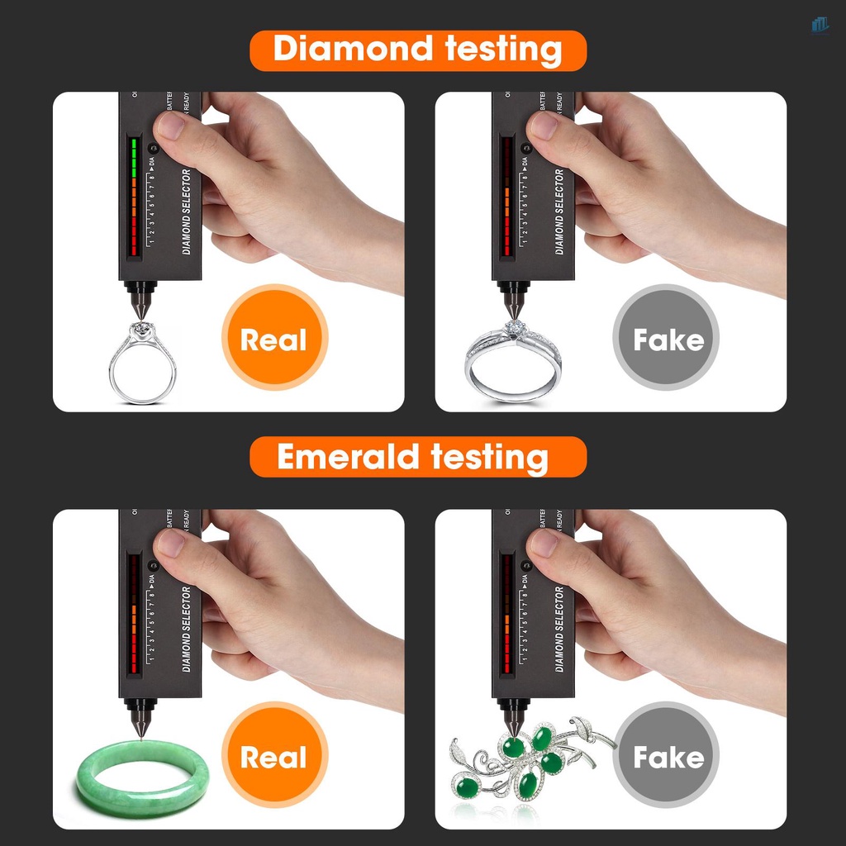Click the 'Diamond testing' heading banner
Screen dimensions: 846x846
(x=417, y=50)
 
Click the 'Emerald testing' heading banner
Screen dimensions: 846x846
(x=417, y=457)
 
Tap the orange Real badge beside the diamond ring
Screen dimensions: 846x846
(x=274, y=338)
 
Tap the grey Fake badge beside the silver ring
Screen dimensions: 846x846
(x=666, y=338)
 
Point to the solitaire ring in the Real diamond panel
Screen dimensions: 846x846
(x=142, y=364)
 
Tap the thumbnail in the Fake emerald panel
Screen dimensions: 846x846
(x=544, y=544)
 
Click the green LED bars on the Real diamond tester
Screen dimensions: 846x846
(x=132, y=157)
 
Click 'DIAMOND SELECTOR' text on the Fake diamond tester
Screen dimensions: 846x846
(x=559, y=211)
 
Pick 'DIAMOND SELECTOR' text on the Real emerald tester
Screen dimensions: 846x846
(x=186, y=628)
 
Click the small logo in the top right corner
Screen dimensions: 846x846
(x=819, y=25)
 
